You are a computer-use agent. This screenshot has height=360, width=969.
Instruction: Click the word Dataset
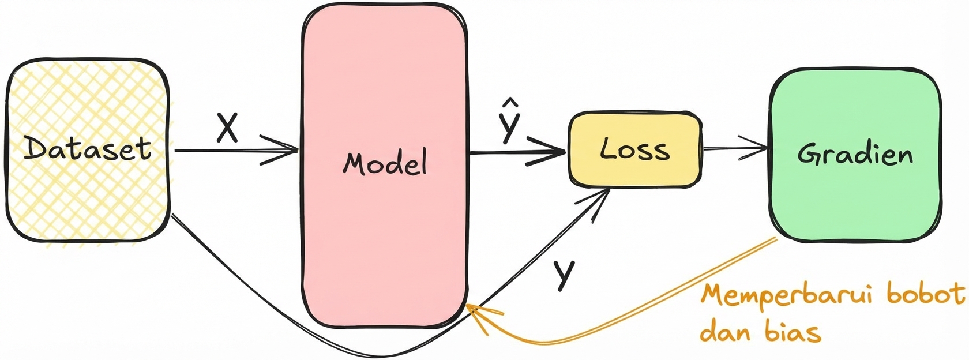(x=87, y=149)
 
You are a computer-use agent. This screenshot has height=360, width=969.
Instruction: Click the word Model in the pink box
(x=385, y=163)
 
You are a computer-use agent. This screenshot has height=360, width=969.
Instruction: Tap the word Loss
(x=634, y=149)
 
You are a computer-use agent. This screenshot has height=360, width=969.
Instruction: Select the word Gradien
(x=855, y=154)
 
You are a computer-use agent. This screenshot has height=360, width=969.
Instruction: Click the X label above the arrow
(x=227, y=127)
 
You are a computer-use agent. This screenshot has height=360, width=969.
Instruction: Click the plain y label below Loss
(x=564, y=274)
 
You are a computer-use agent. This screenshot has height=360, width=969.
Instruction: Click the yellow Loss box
(x=634, y=173)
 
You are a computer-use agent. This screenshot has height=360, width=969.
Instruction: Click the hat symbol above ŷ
(x=510, y=103)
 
